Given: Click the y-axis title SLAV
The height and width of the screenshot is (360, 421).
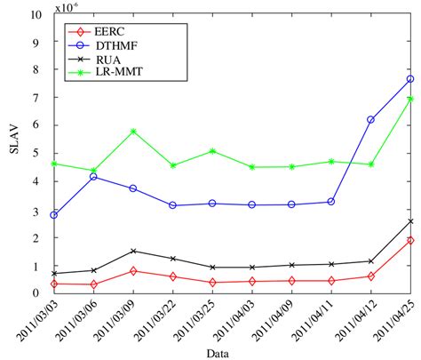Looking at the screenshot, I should (x=12, y=153).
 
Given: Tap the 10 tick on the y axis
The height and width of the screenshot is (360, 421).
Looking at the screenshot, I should (x=35, y=15).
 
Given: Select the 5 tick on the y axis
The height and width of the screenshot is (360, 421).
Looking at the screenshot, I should (x=38, y=154).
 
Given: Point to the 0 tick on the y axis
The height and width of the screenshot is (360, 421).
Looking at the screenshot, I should (x=38, y=292).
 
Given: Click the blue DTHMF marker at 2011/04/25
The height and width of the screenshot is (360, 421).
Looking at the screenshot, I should (x=410, y=79).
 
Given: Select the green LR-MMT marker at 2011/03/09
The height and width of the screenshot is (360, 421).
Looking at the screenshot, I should (x=133, y=132).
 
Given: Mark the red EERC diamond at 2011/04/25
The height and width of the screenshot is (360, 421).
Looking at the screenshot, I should (x=410, y=240).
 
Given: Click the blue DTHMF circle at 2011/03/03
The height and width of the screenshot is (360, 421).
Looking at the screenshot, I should (x=54, y=215).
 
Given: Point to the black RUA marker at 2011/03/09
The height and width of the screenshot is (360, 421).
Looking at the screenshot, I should (x=133, y=251).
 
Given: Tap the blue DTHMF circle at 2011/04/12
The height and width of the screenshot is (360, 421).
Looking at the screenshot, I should (x=370, y=119).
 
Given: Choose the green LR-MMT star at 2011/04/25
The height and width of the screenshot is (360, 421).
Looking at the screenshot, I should (x=410, y=99).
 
